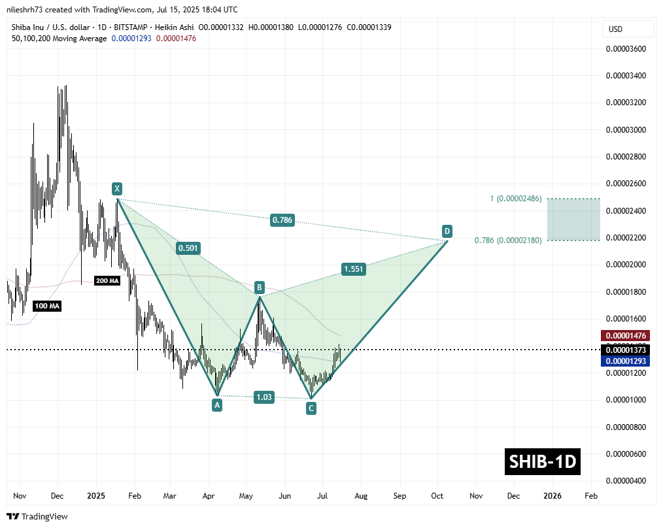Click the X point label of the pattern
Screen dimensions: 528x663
pyautogui.click(x=116, y=189)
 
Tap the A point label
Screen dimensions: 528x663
pyautogui.click(x=217, y=405)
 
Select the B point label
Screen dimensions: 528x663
pyautogui.click(x=260, y=287)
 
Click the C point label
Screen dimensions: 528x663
pyautogui.click(x=311, y=408)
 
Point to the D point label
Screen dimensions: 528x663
pyautogui.click(x=447, y=231)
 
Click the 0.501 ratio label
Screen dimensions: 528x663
pyautogui.click(x=188, y=248)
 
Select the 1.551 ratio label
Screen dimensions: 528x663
pyautogui.click(x=353, y=269)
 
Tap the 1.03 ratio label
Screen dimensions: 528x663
pyautogui.click(x=265, y=397)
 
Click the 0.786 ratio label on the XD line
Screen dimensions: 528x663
pyautogui.click(x=283, y=221)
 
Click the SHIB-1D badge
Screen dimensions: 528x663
pyautogui.click(x=543, y=461)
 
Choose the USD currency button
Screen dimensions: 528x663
pyautogui.click(x=615, y=29)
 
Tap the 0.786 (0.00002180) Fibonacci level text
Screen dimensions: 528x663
pyautogui.click(x=507, y=241)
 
